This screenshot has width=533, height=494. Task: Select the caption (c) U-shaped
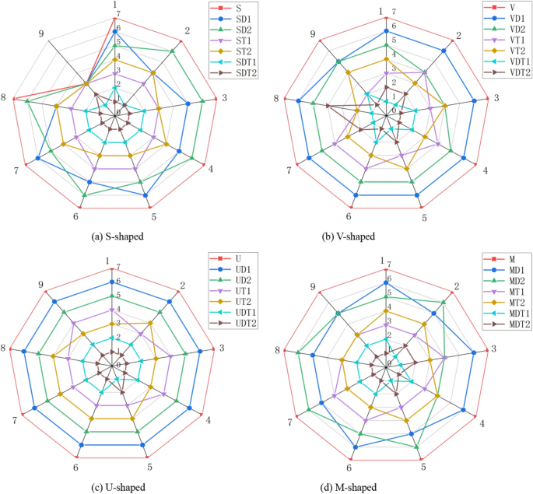click(x=116, y=487)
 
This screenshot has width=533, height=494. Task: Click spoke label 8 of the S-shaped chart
click(x=5, y=97)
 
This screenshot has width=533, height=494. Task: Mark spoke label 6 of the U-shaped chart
click(x=76, y=467)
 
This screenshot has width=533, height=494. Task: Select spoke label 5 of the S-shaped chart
click(x=153, y=216)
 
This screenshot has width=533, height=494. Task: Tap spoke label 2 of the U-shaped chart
click(x=182, y=285)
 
